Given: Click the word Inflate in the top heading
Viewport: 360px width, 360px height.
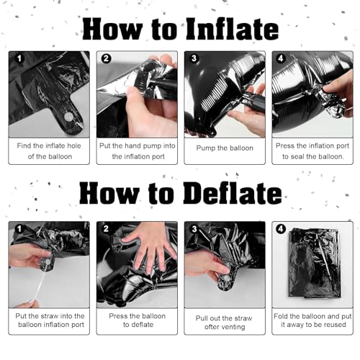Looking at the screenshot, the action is [232, 29].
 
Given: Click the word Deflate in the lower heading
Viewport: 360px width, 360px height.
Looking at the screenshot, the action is [232, 193].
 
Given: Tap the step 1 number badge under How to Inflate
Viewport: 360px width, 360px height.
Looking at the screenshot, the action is [19, 58].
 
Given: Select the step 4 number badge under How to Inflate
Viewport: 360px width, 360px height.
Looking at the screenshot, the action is [281, 58].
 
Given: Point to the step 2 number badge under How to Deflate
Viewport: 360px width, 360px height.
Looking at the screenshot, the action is [106, 229].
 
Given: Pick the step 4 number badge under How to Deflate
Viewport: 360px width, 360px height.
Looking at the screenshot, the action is [281, 229].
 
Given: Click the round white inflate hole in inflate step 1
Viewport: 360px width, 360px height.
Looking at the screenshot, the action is [69, 117].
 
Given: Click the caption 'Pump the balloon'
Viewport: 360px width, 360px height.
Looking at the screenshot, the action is [225, 148].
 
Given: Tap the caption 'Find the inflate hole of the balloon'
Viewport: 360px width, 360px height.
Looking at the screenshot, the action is [49, 151].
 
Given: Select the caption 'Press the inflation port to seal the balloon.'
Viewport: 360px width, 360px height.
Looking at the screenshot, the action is [312, 151].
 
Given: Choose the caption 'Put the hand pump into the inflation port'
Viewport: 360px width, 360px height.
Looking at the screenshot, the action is [138, 151].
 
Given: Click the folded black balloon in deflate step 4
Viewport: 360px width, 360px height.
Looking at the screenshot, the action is [315, 264].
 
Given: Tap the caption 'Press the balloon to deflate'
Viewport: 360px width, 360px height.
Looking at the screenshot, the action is [138, 320].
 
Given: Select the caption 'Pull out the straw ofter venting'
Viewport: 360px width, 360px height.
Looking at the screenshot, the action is [224, 323].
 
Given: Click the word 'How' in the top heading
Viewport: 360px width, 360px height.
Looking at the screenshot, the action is [112, 29].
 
